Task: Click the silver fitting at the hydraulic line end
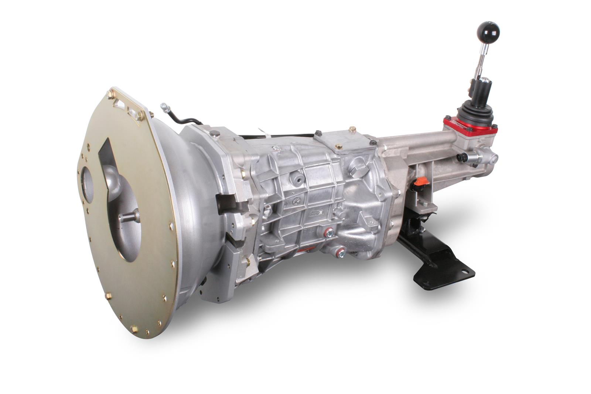point(164,107)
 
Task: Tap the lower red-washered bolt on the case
point(341,253)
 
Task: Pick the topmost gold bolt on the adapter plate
point(110,95)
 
